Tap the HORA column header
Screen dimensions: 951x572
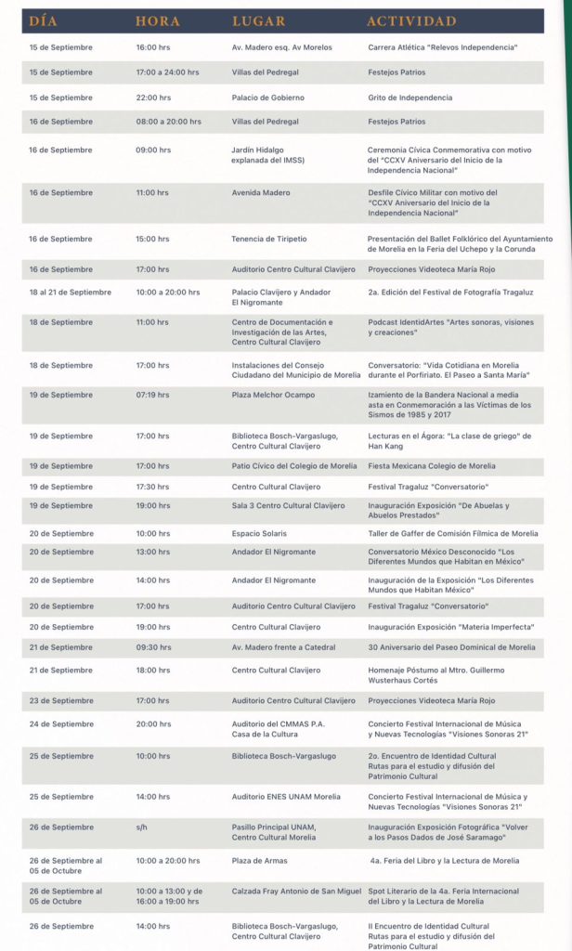click(157, 20)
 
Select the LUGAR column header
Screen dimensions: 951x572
click(260, 20)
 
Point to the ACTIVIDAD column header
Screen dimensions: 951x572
click(411, 20)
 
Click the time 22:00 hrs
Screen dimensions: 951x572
click(153, 98)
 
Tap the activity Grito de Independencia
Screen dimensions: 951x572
click(409, 98)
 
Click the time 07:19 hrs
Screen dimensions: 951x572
click(153, 395)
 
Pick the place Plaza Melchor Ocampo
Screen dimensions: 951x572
click(273, 395)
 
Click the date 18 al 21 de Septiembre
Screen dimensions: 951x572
click(70, 292)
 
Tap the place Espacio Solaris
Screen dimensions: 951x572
click(259, 533)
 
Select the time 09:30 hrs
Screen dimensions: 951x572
click(153, 647)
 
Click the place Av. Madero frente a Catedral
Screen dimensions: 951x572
click(283, 647)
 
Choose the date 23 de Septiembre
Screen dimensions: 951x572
click(61, 700)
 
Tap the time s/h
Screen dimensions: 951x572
click(141, 827)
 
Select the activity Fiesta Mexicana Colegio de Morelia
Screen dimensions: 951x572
click(432, 466)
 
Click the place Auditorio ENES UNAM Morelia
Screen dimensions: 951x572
click(286, 797)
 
